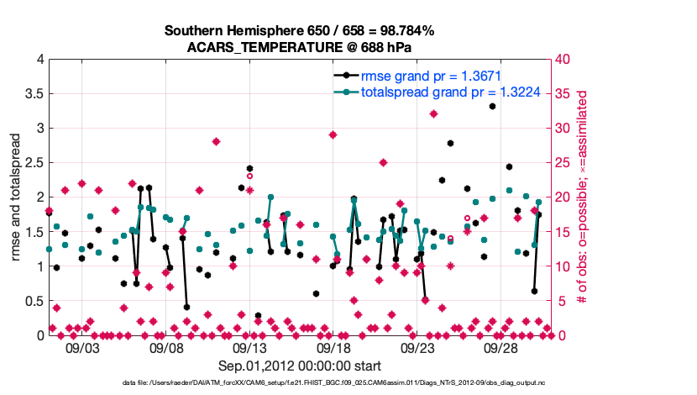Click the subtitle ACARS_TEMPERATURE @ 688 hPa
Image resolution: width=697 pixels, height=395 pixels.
point(299,47)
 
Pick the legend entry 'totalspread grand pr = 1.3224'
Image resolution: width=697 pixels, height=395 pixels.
point(434,92)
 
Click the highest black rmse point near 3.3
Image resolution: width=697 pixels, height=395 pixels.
point(492,106)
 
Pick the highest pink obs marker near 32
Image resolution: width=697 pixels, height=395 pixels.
point(433,113)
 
